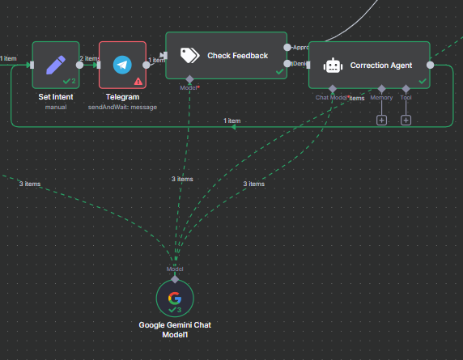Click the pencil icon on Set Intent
coord(56,64)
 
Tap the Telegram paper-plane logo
coord(122,64)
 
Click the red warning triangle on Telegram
coord(138,81)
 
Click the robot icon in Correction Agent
coord(333,66)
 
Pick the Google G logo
coord(175,298)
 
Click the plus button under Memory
coord(381,121)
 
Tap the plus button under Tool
coord(406,121)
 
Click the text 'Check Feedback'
coord(237,55)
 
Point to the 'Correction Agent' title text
coord(381,66)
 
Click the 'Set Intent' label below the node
coord(56,97)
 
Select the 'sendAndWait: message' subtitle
coord(122,107)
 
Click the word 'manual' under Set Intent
coord(56,107)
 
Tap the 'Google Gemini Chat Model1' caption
coord(175,329)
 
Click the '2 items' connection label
coord(89,58)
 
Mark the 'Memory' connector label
coord(381,98)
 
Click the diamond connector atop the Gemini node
coord(175,278)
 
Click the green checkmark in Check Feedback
coord(278,72)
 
